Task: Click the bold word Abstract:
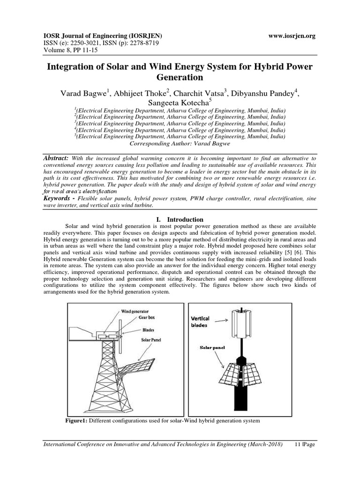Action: click(x=56, y=158)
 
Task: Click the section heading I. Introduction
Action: click(x=180, y=219)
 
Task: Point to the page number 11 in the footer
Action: click(x=298, y=444)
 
